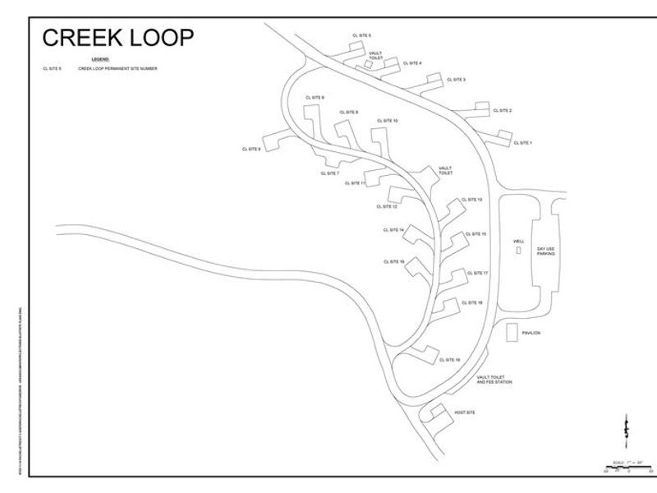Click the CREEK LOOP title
pyautogui.click(x=118, y=38)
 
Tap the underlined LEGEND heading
pyautogui.click(x=100, y=60)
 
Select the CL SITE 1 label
pyautogui.click(x=522, y=143)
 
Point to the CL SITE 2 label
pyautogui.click(x=503, y=110)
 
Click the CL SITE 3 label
pyautogui.click(x=456, y=80)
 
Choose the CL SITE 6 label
pyautogui.click(x=251, y=149)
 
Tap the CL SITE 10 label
pyautogui.click(x=388, y=121)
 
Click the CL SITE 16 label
pyautogui.click(x=393, y=261)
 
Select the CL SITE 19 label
pyautogui.click(x=450, y=359)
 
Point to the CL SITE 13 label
pyautogui.click(x=472, y=200)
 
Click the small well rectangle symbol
pyautogui.click(x=518, y=251)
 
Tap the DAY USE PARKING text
pyautogui.click(x=546, y=251)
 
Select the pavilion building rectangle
pyautogui.click(x=512, y=333)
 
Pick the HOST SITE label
pyautogui.click(x=465, y=412)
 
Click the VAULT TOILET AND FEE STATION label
pyautogui.click(x=494, y=380)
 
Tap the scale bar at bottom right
pyautogui.click(x=627, y=468)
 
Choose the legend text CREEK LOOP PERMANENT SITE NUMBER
pyautogui.click(x=117, y=69)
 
